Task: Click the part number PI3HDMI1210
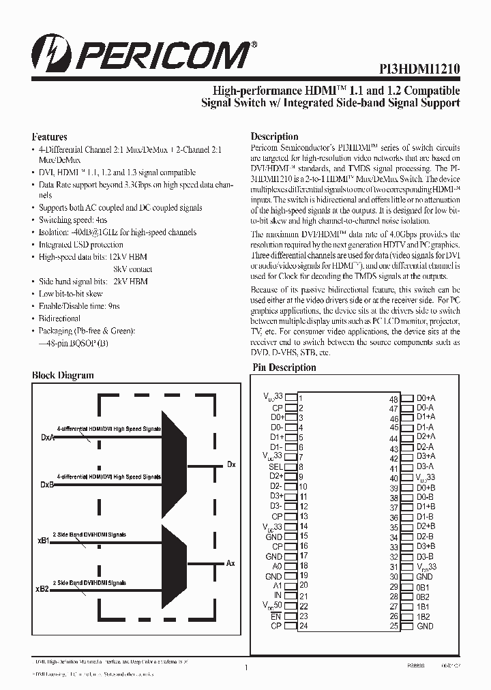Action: (x=419, y=69)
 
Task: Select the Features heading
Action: (x=49, y=136)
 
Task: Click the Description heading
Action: (x=274, y=136)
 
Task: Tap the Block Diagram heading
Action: (x=63, y=375)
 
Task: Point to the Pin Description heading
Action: (x=284, y=367)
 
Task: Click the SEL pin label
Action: (x=276, y=466)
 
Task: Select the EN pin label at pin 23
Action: (x=276, y=616)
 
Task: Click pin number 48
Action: (x=393, y=400)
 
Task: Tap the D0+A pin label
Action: (x=426, y=397)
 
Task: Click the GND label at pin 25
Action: (x=424, y=626)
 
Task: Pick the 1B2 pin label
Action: (x=423, y=616)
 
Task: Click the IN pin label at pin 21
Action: (x=278, y=595)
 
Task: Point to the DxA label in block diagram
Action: (x=47, y=438)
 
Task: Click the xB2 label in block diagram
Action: (x=42, y=588)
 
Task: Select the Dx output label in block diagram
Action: (x=231, y=464)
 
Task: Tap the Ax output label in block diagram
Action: (x=230, y=563)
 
